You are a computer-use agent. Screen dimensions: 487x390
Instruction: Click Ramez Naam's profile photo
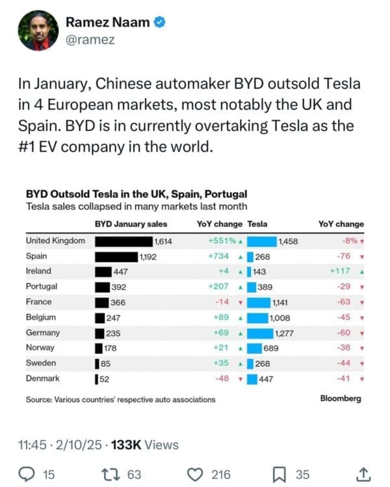pos(34,31)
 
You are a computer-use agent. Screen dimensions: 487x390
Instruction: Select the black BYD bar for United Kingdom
pos(123,241)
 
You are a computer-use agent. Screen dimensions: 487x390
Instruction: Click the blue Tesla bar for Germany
pos(261,333)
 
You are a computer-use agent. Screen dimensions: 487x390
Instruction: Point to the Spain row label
pos(37,256)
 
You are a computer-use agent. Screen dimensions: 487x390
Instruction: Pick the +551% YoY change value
pos(222,241)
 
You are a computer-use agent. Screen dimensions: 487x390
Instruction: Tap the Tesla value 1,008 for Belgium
pos(281,318)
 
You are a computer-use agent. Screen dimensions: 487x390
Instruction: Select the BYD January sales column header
pos(131,224)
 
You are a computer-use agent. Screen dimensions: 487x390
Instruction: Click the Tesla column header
pos(257,224)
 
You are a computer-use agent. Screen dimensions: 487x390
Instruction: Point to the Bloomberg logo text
pos(341,399)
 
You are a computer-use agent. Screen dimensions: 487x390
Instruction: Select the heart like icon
pos(196,474)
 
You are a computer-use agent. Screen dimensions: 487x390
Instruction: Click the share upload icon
pos(364,474)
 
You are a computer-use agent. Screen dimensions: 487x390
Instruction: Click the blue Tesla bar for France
pos(259,302)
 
